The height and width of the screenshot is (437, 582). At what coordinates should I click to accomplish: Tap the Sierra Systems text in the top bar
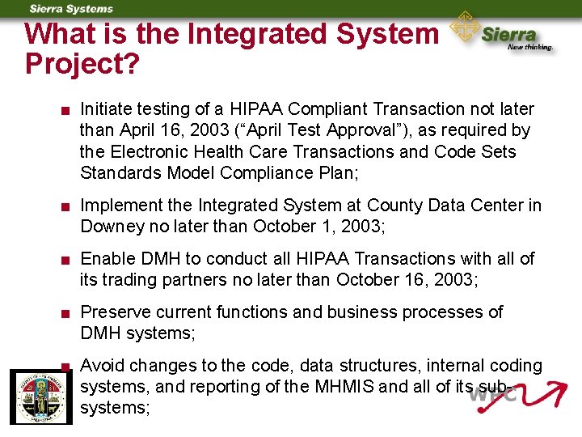click(x=71, y=9)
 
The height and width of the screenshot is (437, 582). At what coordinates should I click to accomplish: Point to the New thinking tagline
click(x=530, y=47)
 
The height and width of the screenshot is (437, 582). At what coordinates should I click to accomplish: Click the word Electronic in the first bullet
click(x=152, y=151)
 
